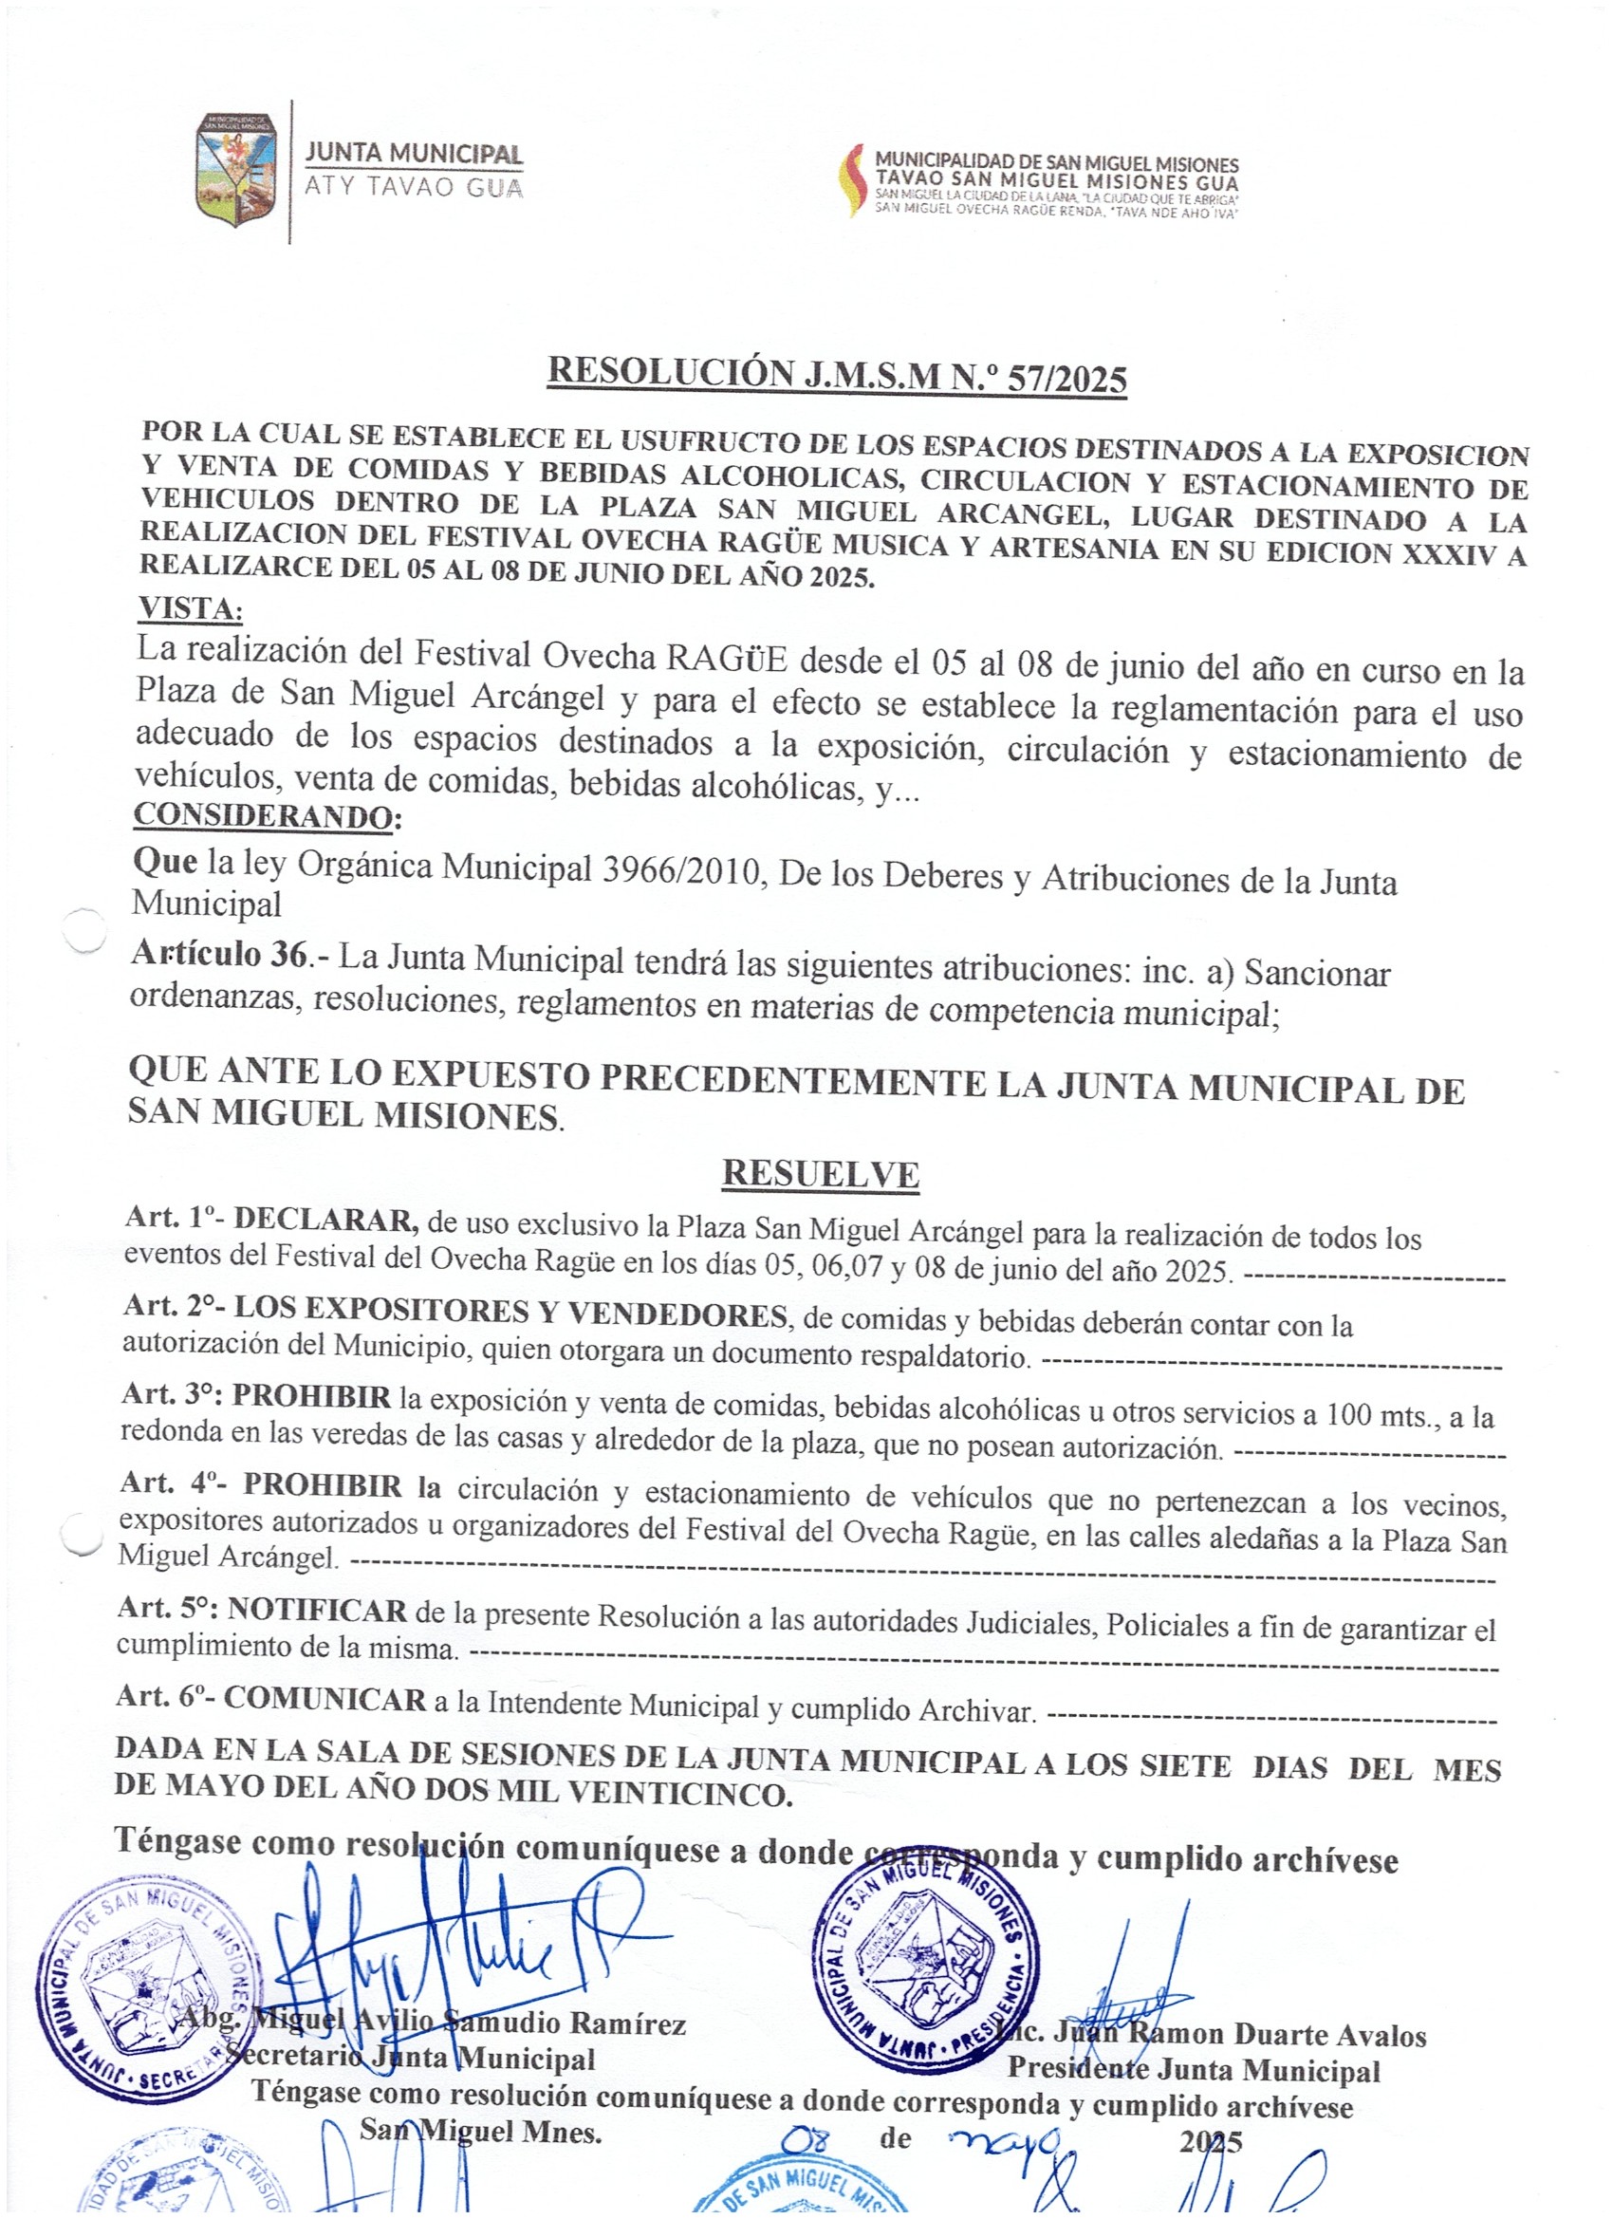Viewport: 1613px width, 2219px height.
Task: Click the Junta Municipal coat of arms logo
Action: [235, 170]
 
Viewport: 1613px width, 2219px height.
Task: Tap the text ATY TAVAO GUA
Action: [414, 187]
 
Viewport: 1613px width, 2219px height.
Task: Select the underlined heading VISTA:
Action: [190, 608]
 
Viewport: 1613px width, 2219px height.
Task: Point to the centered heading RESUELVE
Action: [820, 1175]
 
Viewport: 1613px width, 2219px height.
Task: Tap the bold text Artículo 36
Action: [219, 955]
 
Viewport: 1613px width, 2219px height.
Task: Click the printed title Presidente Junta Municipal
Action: [1194, 2070]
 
